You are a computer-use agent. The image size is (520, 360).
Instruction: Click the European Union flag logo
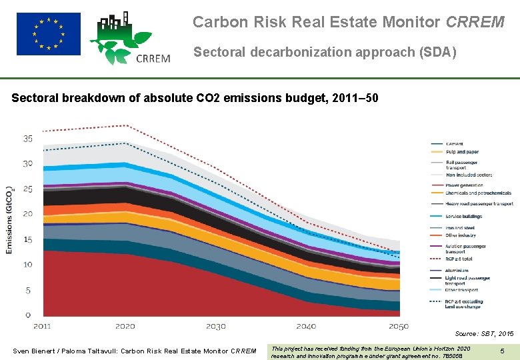click(48, 33)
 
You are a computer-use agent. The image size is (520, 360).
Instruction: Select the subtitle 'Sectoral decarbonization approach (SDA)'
click(325, 52)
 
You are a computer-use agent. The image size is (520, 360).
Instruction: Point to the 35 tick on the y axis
click(28, 139)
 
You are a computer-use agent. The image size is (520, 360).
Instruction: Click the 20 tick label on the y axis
click(28, 214)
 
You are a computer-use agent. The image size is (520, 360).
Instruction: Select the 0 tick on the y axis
click(28, 315)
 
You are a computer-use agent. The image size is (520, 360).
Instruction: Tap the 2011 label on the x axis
click(42, 326)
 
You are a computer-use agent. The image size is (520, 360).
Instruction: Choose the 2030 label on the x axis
click(216, 326)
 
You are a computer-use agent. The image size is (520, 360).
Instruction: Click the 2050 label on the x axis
click(399, 326)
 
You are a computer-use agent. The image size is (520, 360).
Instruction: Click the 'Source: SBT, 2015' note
click(484, 333)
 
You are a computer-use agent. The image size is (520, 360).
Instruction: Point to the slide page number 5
click(502, 349)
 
